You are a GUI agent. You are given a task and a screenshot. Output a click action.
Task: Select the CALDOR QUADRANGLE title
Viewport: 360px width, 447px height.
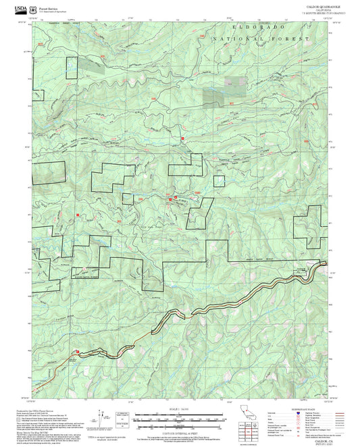323,5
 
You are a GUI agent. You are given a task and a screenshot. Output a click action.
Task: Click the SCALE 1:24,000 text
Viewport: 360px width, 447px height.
180,409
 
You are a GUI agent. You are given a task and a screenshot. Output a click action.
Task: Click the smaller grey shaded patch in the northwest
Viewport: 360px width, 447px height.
90,66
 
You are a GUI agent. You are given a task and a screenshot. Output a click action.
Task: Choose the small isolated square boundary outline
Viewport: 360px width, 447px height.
219,180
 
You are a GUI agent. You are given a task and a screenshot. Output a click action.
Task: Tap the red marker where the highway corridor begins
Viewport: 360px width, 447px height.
79,350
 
